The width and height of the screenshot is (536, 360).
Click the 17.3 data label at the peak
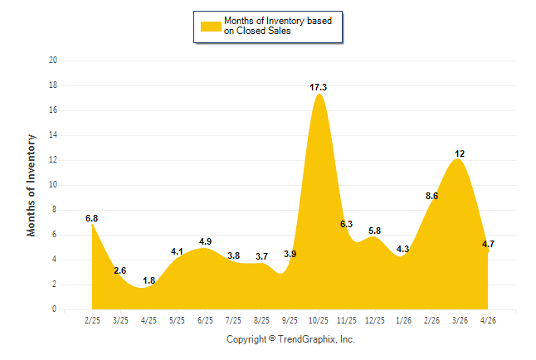pyautogui.click(x=318, y=88)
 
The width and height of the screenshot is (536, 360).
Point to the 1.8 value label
pyautogui.click(x=149, y=280)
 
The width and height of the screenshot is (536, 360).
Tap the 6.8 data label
pyautogui.click(x=91, y=218)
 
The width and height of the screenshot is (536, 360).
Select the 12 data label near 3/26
pyautogui.click(x=460, y=153)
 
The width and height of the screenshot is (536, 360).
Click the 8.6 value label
pyautogui.click(x=431, y=196)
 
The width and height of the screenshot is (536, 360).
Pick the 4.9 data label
pyautogui.click(x=205, y=241)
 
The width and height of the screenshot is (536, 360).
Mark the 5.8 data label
pyautogui.click(x=375, y=231)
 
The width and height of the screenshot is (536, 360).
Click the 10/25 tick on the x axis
pyautogui.click(x=319, y=320)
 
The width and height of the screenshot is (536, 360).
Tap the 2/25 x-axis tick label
pyautogui.click(x=92, y=320)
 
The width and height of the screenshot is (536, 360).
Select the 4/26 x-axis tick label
pyautogui.click(x=488, y=320)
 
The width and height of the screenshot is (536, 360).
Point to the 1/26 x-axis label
pyautogui.click(x=403, y=320)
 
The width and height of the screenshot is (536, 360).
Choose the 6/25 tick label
pyautogui.click(x=205, y=320)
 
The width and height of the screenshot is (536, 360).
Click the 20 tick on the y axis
pyautogui.click(x=53, y=61)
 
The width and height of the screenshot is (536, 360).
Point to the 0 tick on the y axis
pyautogui.click(x=54, y=309)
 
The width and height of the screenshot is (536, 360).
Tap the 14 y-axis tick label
pyautogui.click(x=53, y=135)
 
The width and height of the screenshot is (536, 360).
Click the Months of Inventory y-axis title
pyautogui.click(x=31, y=185)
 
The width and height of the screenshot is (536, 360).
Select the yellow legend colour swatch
pyautogui.click(x=211, y=27)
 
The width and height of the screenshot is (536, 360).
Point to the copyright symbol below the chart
pyautogui.click(x=272, y=338)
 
